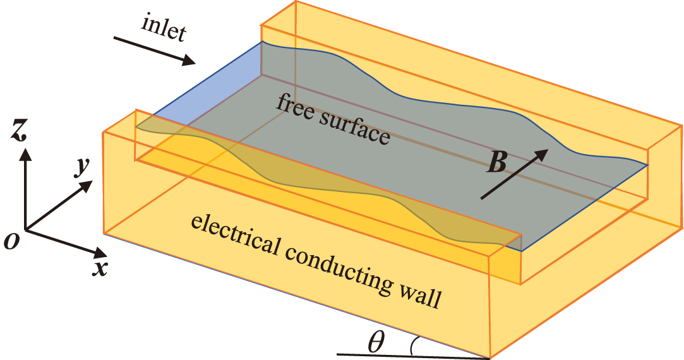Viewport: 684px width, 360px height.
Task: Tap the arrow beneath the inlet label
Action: (155, 51)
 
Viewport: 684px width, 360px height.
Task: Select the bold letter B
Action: (497, 164)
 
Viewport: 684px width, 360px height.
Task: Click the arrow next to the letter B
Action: (513, 174)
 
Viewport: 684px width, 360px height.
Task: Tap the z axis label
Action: (23, 131)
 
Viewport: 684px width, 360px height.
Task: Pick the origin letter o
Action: (11, 241)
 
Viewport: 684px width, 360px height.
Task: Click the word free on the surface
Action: (294, 107)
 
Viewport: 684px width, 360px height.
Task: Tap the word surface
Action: (355, 129)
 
